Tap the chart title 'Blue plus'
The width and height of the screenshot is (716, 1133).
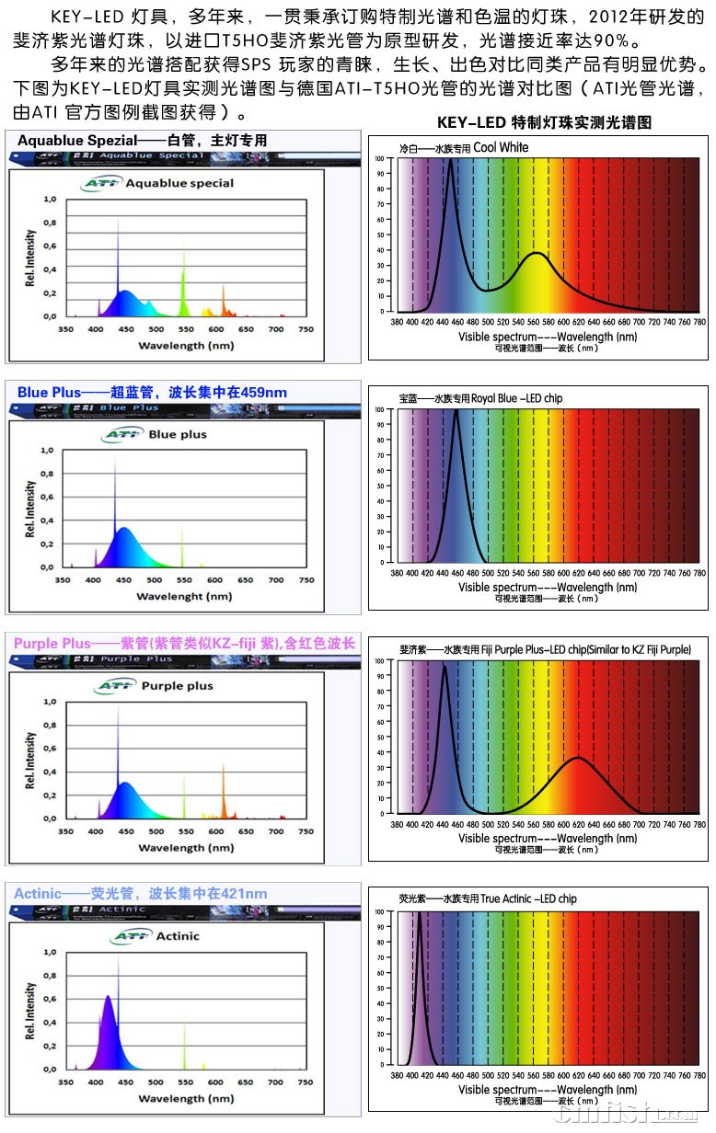coord(178,434)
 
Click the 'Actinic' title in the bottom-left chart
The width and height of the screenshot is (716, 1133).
coord(179,936)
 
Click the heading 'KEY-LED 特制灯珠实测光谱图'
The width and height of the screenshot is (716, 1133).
coord(545,123)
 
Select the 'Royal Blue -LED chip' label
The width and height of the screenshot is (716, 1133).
coord(516,398)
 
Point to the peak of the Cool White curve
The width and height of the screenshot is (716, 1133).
coord(450,160)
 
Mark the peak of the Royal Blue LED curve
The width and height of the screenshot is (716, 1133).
coord(456,411)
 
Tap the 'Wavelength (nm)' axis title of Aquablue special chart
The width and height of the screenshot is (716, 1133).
coord(185,346)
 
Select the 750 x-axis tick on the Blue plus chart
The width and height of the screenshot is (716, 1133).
coord(306,580)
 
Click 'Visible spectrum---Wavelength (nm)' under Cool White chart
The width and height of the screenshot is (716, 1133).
coord(548,337)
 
